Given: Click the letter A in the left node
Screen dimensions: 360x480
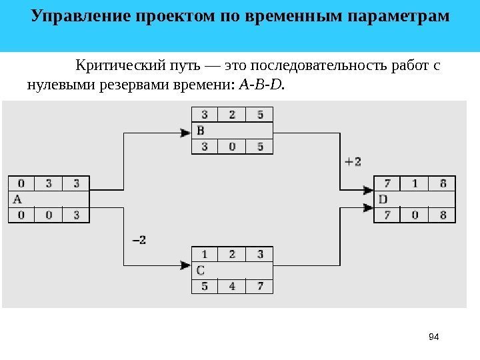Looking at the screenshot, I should tap(17, 199).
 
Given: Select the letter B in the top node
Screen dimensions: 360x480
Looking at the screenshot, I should tap(201, 131).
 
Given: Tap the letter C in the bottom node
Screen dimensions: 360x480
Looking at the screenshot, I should tap(201, 270).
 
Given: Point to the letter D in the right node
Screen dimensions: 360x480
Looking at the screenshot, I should tap(383, 199).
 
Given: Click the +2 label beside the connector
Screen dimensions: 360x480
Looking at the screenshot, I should tap(353, 161).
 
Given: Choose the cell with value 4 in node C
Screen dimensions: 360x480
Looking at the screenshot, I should tap(231, 287).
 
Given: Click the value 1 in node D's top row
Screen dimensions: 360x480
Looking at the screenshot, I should tap(415, 183).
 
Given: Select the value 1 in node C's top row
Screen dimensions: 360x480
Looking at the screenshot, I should tap(204, 254).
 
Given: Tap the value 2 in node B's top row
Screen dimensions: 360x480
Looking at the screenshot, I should tap(231, 114).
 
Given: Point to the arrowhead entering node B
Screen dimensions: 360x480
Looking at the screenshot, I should tap(186, 133).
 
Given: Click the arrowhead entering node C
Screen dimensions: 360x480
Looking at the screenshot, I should tap(186, 266).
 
